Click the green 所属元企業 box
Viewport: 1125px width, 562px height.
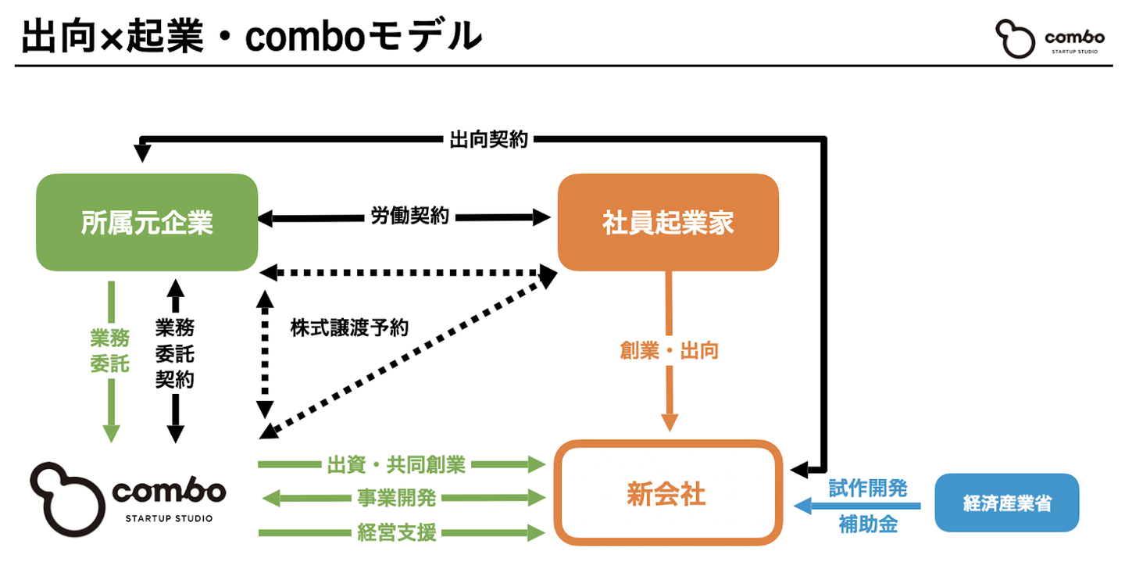(147, 223)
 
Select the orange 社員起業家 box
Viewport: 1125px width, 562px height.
(668, 223)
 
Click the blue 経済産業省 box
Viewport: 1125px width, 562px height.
(1006, 503)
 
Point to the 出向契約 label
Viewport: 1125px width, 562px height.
(488, 140)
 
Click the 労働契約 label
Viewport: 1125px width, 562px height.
(409, 217)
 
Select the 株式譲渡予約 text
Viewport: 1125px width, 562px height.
(349, 327)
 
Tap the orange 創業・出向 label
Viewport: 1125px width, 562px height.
(669, 350)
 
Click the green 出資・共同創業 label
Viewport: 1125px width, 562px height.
(395, 465)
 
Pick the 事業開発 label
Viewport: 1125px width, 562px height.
(397, 498)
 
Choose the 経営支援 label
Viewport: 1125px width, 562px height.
(397, 533)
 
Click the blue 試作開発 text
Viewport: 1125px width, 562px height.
(867, 489)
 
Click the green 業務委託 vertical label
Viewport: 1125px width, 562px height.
(110, 350)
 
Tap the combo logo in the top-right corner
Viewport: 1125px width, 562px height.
(1049, 39)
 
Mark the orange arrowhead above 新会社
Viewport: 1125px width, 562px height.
(670, 422)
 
